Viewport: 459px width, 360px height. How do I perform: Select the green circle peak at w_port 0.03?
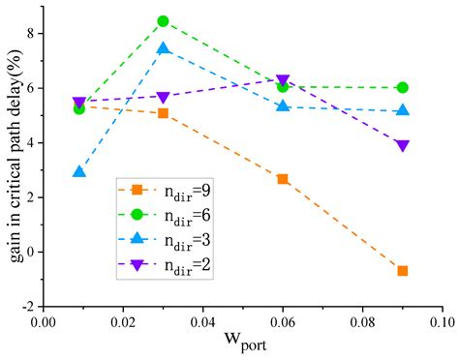point(163,21)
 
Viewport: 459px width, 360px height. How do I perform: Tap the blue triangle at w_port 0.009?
point(79,172)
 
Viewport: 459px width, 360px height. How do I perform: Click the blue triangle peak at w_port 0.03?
point(163,48)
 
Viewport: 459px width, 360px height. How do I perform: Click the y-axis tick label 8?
point(29,33)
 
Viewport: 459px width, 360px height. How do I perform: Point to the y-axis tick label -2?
point(26,307)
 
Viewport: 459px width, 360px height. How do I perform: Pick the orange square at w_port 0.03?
point(163,113)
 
